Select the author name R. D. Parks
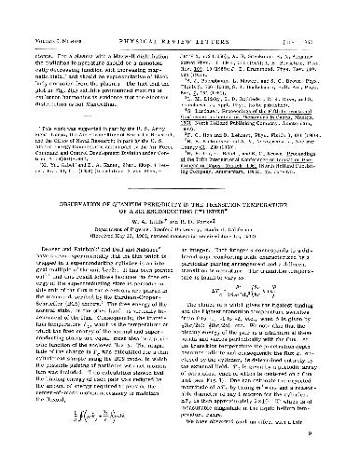208,226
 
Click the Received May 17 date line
179,240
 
